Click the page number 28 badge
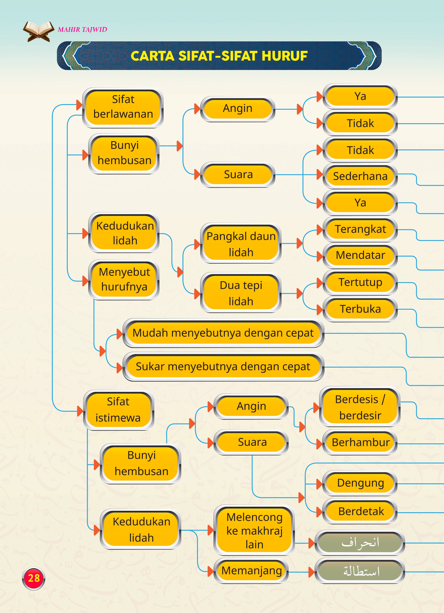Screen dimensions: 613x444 (33, 578)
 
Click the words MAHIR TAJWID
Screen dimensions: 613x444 (82, 29)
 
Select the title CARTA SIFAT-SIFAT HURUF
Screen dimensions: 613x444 (219, 56)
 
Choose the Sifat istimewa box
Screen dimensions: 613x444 (118, 410)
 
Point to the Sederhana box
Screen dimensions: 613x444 (360, 176)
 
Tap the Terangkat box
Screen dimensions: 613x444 (360, 229)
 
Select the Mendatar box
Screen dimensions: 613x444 (360, 255)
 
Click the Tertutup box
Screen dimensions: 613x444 (360, 282)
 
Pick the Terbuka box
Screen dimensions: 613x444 (360, 309)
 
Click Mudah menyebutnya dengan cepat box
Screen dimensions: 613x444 (223, 333)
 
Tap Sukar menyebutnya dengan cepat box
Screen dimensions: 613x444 (223, 367)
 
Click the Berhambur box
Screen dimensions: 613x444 (360, 442)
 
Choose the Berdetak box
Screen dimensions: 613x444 (360, 511)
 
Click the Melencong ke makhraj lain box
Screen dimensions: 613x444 (254, 530)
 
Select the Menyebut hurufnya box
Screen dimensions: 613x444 (124, 279)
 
